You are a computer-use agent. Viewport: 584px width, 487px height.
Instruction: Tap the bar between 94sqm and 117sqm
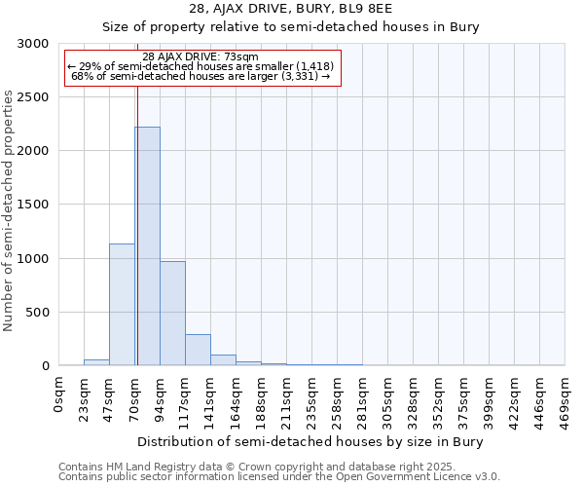[172, 313]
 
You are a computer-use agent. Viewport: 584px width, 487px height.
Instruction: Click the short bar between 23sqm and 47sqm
[96, 362]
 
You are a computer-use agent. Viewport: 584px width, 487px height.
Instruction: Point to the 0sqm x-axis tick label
[60, 393]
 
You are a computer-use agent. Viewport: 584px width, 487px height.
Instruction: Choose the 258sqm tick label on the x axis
[338, 398]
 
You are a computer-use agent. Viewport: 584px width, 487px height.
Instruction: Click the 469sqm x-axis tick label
[566, 398]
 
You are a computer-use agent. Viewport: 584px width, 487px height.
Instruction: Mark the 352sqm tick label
[439, 398]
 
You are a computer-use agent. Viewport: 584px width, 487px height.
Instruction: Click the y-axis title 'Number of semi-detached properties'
[9, 210]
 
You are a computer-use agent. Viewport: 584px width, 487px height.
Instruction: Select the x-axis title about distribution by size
[310, 441]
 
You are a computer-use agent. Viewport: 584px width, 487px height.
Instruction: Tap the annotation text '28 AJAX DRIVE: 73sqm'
[200, 56]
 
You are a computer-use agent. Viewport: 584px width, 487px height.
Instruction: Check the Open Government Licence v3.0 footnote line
[279, 477]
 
